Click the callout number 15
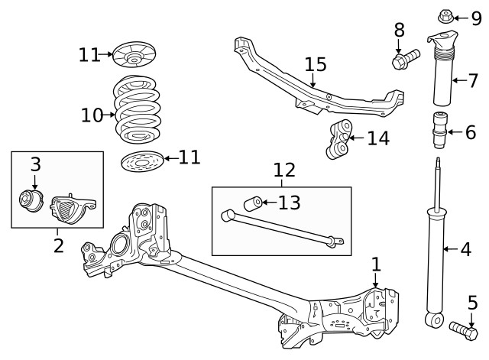316,64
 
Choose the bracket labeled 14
338,138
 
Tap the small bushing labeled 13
251,203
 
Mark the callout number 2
58,246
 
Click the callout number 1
376,264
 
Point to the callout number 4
466,249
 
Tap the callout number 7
473,79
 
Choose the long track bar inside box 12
282,229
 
